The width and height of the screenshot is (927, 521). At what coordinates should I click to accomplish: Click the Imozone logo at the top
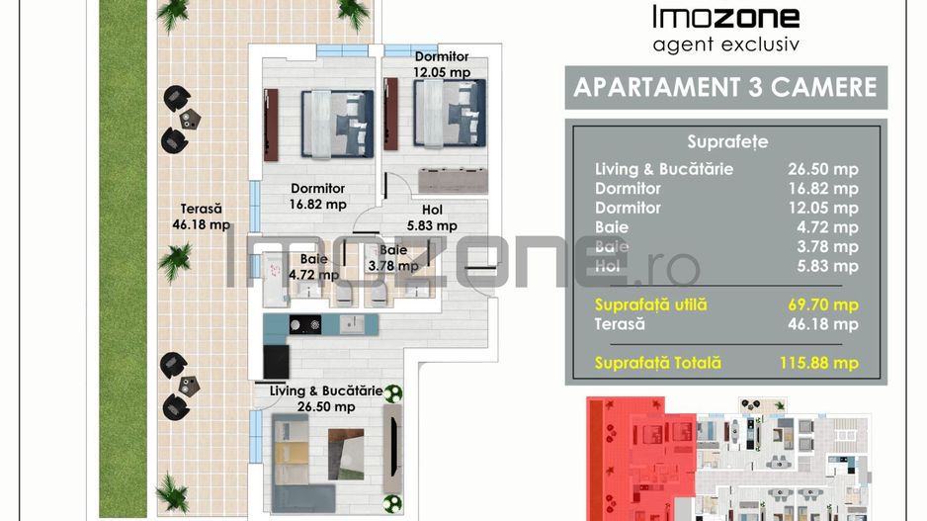click(725, 17)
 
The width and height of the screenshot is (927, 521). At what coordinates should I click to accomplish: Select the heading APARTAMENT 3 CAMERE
click(725, 87)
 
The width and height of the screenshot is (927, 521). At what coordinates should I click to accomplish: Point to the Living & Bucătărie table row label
click(664, 169)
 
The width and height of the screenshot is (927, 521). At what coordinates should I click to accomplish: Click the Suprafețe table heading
click(726, 142)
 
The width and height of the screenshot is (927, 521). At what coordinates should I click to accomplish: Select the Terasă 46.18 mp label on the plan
click(201, 217)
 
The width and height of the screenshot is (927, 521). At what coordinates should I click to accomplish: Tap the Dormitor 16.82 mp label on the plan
click(317, 196)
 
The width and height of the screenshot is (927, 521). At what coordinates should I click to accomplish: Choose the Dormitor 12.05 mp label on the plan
click(442, 64)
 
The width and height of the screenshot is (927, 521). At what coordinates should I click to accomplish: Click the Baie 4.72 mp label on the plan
click(313, 267)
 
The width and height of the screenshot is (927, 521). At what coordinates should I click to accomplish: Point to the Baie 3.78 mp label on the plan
click(386, 259)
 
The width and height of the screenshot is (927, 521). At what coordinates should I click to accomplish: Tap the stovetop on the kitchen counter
click(302, 323)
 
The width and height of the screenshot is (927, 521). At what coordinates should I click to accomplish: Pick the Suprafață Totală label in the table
click(658, 363)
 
